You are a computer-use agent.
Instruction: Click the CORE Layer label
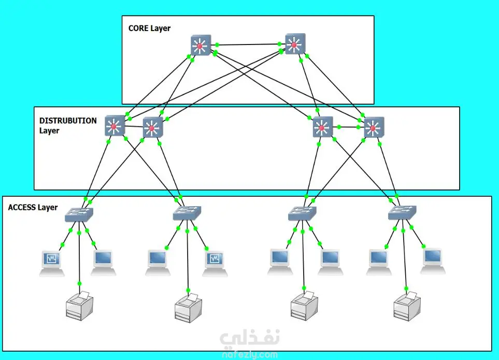(x=149, y=28)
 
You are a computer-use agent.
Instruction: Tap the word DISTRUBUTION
(x=68, y=121)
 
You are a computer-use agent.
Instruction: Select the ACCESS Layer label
(x=33, y=207)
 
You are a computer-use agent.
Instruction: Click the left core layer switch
(x=200, y=46)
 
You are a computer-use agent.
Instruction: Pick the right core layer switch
(x=295, y=45)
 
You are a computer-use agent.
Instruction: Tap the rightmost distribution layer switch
(x=373, y=127)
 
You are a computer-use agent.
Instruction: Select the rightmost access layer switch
(x=402, y=212)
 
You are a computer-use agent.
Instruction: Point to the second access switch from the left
(x=187, y=212)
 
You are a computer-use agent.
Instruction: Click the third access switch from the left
(x=302, y=213)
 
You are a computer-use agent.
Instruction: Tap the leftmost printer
(x=79, y=306)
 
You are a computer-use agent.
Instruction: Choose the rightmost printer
(x=407, y=307)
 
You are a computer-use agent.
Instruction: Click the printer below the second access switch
(x=188, y=308)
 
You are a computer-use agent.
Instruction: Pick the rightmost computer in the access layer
(x=433, y=260)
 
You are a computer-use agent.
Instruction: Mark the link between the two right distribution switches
(x=348, y=127)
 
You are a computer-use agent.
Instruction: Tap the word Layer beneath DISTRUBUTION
(x=49, y=131)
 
